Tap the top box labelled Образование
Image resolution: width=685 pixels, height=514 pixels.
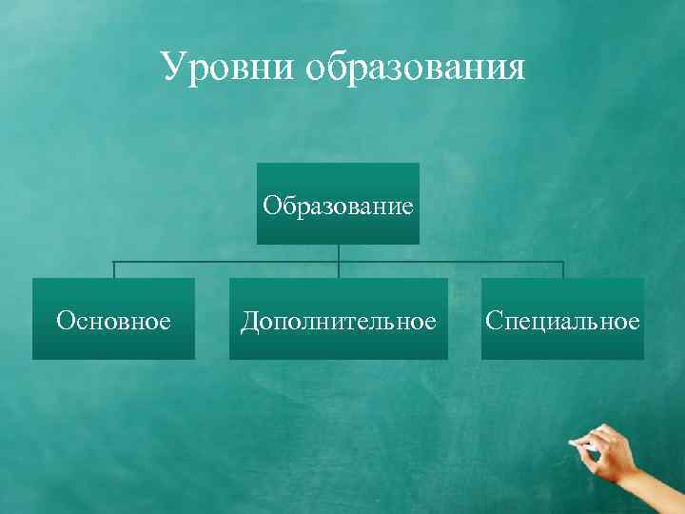click(338, 204)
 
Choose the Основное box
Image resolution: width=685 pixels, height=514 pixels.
click(113, 319)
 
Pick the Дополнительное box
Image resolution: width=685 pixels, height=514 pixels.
click(338, 319)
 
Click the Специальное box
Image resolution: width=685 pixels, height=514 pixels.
click(562, 319)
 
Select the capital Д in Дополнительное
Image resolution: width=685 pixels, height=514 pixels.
click(249, 321)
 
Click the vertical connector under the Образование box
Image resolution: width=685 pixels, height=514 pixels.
click(339, 252)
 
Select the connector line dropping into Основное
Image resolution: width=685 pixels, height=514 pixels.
click(114, 269)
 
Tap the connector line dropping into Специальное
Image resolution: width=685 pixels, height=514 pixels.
click(563, 269)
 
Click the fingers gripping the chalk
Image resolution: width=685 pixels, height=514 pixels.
click(605, 451)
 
